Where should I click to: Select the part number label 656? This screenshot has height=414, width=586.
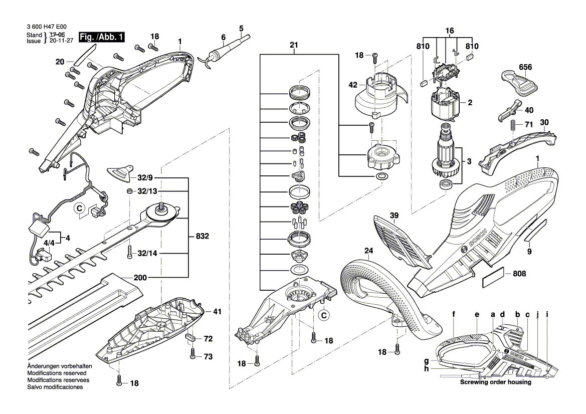coord(525,67)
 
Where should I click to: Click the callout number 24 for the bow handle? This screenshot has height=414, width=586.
coord(369,251)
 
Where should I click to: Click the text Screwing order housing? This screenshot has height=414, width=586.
coord(496,382)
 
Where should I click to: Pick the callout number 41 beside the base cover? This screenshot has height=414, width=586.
coord(217,311)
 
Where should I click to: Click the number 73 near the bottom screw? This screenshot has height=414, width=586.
coord(208,356)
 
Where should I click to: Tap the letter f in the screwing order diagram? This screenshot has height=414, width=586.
coord(453,314)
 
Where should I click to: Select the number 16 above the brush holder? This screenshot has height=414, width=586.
coord(449,30)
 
